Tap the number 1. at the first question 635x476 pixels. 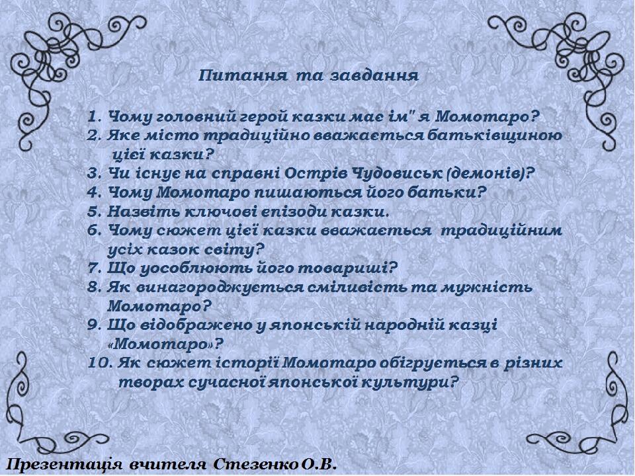tap(94, 118)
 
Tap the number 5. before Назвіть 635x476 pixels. tap(95, 212)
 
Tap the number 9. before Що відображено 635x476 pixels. tap(95, 325)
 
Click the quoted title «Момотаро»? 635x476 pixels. tap(165, 344)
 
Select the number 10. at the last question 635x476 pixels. tap(100, 363)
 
